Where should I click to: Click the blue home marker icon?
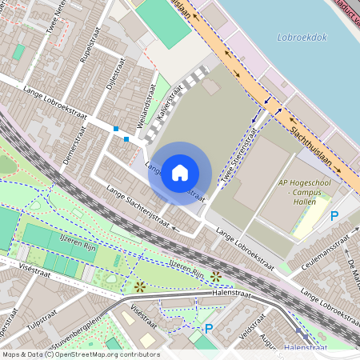[x=180, y=173]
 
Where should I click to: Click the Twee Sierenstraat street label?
[x=238, y=158]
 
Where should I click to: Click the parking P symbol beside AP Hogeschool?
[x=334, y=216]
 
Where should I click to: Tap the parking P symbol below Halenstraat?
[x=209, y=328]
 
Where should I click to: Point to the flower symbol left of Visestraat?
[x=140, y=285]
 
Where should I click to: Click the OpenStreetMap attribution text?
[x=80, y=354]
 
